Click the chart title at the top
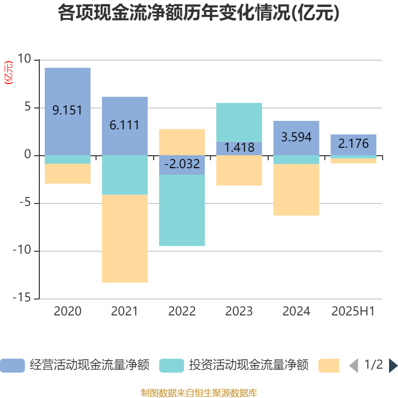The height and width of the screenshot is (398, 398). point(199,13)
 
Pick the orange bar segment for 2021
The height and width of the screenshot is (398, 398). point(125,239)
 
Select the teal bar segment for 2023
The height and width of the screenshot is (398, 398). point(239,122)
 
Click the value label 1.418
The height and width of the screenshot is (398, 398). point(239,148)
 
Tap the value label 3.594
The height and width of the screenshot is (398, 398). point(297,137)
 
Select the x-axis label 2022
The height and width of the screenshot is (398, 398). point(182,311)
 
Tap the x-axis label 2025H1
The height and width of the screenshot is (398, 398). point(353,311)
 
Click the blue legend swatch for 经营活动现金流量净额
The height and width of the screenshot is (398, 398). point(12,366)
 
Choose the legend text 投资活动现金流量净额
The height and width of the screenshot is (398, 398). point(249,366)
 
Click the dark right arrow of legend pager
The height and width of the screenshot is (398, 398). point(393,366)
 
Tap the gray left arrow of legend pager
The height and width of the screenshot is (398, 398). point(354,366)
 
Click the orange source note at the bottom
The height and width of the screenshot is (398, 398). point(199,393)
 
